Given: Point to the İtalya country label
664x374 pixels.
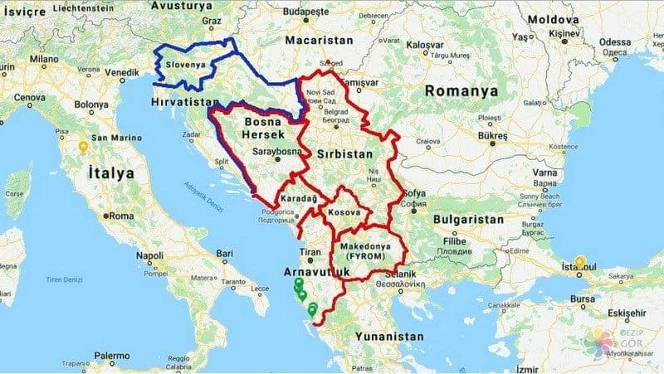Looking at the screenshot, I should coord(110,173).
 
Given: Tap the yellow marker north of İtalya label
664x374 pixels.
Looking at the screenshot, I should coord(83,148).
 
